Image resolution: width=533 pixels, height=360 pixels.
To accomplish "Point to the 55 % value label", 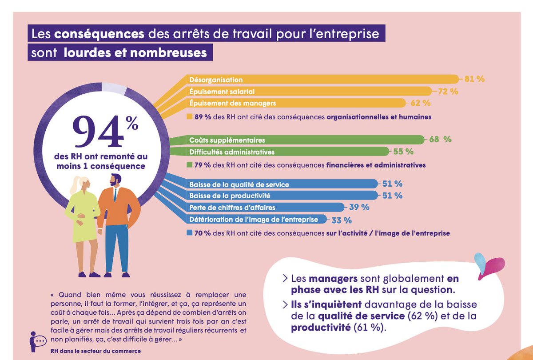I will click(403, 152).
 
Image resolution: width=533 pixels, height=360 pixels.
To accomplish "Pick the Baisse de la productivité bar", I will click(280, 195).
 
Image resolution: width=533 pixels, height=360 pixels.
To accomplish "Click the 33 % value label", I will click(342, 220).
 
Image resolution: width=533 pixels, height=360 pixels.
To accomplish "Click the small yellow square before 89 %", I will click(190, 117).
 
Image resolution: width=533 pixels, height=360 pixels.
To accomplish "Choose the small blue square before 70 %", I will click(190, 232).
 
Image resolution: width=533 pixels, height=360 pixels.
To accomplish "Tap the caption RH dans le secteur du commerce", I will click(96, 351).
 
